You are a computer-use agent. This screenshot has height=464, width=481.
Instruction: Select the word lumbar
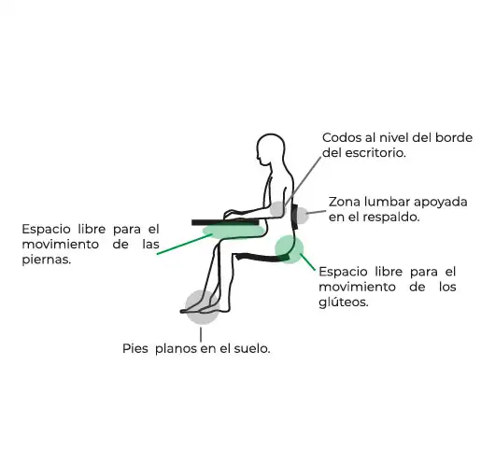388,202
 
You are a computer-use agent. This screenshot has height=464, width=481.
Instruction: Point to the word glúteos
344,302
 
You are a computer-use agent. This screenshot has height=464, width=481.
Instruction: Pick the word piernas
47,260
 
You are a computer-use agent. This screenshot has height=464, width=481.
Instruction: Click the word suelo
252,348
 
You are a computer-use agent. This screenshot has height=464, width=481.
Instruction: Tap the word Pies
135,348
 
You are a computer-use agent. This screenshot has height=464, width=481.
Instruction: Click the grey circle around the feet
202,307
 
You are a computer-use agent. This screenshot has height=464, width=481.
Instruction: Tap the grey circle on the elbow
278,209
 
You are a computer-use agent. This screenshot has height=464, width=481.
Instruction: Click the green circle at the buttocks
289,249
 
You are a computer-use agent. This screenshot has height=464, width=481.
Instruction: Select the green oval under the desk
233,231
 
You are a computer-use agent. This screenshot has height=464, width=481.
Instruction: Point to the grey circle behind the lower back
301,216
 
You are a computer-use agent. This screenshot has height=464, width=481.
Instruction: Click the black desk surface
225,222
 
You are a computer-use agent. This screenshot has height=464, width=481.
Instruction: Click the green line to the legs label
184,245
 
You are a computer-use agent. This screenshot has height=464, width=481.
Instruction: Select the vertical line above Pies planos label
201,335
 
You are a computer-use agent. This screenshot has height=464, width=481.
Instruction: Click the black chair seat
262,257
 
